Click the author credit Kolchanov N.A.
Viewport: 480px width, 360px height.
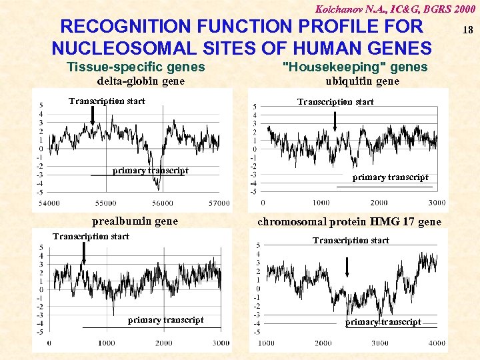tap(347, 8)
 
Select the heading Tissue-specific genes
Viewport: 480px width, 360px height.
tap(136, 67)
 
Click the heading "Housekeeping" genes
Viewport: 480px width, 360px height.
tap(355, 67)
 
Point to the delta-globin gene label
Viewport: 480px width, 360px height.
tap(141, 81)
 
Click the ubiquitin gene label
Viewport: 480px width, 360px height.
tap(362, 81)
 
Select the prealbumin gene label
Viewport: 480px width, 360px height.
tap(135, 221)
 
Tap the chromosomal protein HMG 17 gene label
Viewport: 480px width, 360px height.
tap(349, 221)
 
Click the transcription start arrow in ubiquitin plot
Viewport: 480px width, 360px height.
tap(335, 121)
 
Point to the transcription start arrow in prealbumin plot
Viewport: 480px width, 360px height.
tap(84, 254)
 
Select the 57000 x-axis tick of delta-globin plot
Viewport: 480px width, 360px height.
tap(219, 203)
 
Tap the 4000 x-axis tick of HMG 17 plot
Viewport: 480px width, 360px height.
tap(436, 343)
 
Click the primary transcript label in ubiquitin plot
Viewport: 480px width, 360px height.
tap(390, 177)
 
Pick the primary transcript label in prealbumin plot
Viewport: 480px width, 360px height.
tap(165, 320)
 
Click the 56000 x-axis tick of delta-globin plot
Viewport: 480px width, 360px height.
tap(163, 203)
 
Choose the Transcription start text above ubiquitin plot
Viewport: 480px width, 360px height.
tap(335, 102)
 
